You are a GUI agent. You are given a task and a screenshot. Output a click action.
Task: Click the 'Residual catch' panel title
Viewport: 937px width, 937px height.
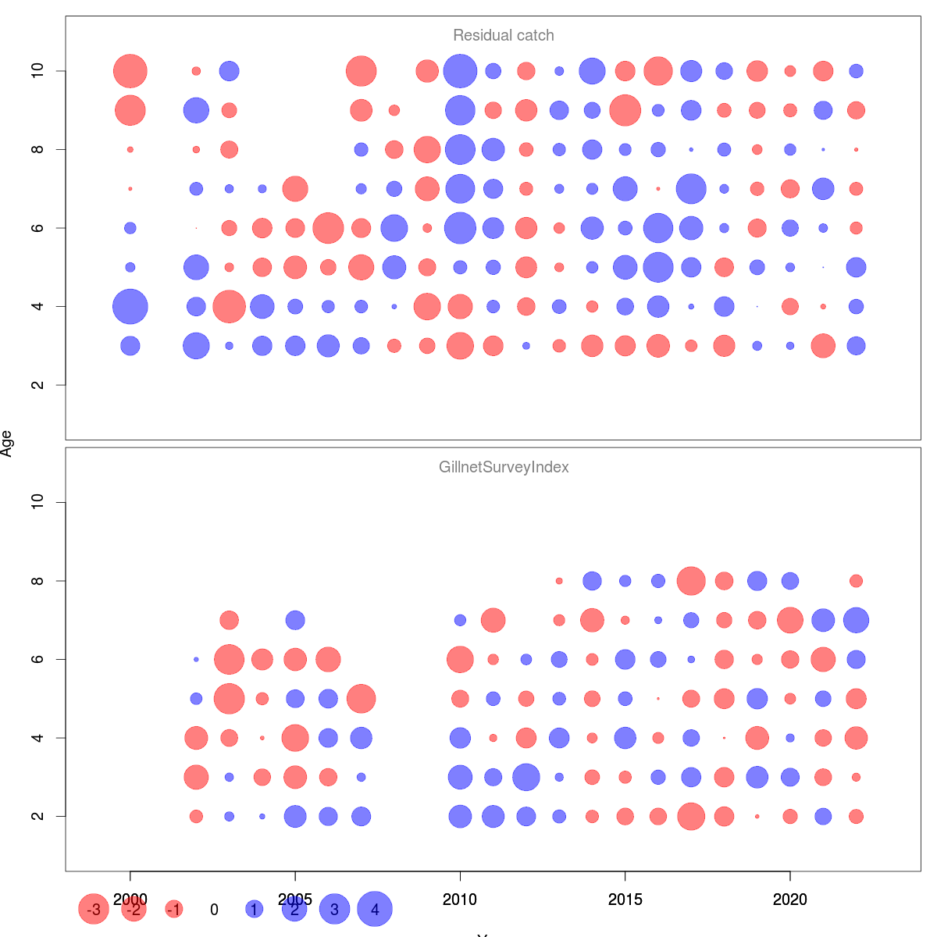click(x=504, y=35)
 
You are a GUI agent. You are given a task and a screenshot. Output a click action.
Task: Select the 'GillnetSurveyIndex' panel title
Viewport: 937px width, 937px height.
click(x=504, y=467)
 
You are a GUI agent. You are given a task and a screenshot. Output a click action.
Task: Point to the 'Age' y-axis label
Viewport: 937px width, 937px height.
click(x=7, y=444)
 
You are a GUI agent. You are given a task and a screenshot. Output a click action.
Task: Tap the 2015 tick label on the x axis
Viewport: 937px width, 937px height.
click(x=625, y=900)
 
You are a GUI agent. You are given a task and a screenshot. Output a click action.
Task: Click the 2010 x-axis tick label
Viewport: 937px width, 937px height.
click(x=460, y=900)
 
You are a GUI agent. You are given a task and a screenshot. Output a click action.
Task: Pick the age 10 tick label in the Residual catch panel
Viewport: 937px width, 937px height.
click(x=37, y=71)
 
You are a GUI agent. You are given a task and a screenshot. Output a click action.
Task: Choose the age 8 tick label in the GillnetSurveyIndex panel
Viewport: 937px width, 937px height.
click(x=37, y=581)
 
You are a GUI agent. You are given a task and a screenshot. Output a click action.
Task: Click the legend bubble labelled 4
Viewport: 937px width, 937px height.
click(x=375, y=909)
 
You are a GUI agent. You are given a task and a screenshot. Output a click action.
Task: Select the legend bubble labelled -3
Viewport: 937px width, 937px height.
click(x=94, y=909)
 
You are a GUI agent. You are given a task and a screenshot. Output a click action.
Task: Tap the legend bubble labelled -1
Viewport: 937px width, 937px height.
click(x=174, y=909)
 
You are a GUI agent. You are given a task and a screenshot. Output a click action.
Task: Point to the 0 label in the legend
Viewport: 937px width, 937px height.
click(x=214, y=910)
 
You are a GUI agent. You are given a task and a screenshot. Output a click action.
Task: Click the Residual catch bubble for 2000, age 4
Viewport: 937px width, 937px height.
click(x=130, y=306)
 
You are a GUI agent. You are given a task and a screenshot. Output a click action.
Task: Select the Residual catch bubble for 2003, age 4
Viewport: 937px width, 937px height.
click(x=229, y=306)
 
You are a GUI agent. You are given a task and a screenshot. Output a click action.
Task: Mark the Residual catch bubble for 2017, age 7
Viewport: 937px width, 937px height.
click(x=691, y=188)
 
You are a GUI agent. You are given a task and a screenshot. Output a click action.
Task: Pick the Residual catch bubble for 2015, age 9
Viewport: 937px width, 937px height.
click(x=625, y=110)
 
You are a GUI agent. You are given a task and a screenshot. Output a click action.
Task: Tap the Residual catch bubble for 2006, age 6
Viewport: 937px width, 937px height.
click(x=328, y=228)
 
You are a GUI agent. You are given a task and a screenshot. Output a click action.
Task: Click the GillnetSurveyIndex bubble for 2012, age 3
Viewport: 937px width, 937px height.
click(x=526, y=777)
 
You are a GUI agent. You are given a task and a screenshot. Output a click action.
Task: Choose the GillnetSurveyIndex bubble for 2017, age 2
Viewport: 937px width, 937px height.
click(x=691, y=816)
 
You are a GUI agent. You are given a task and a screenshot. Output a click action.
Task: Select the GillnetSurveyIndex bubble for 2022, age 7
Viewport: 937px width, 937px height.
click(x=856, y=620)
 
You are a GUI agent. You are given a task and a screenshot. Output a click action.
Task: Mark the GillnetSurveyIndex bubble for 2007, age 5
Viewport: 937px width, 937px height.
click(x=361, y=698)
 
